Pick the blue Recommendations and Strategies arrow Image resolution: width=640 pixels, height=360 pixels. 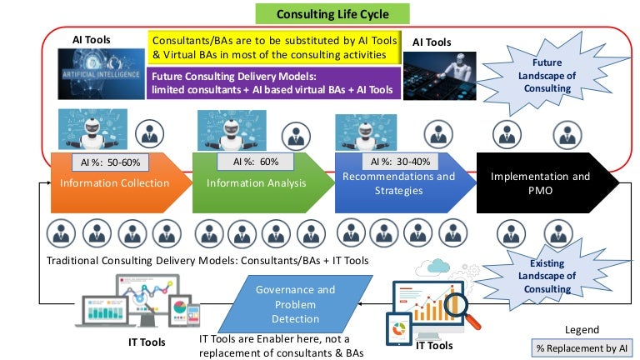pyautogui.click(x=398, y=182)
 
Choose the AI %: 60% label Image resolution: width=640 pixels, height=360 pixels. pyautogui.click(x=248, y=161)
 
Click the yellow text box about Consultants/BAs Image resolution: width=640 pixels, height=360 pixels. pyautogui.click(x=272, y=47)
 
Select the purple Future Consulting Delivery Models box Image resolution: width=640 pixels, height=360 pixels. pyautogui.click(x=272, y=82)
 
